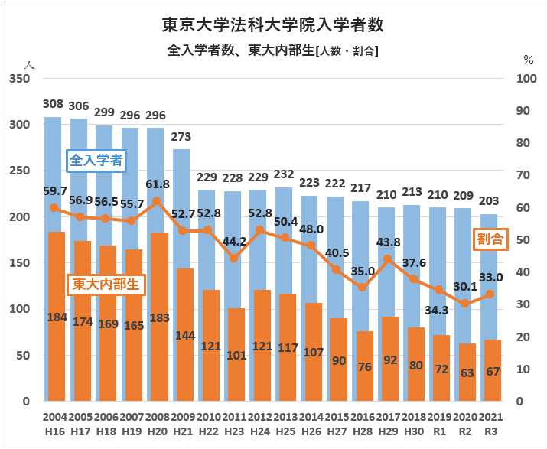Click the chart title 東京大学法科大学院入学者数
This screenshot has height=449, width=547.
coord(273,25)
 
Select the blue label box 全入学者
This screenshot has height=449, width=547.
coord(96,161)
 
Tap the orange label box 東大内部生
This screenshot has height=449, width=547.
coord(106,285)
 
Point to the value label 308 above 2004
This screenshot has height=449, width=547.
coord(53,104)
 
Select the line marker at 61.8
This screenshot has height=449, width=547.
coord(155,201)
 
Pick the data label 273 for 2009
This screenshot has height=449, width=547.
coord(181,138)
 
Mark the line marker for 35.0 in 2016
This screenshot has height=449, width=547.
coord(363,288)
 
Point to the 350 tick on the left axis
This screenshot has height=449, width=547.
coord(19,79)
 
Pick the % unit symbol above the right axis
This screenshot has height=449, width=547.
coord(528,59)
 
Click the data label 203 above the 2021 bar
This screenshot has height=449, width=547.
coord(490,201)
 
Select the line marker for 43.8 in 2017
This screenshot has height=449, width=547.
coord(388,259)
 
